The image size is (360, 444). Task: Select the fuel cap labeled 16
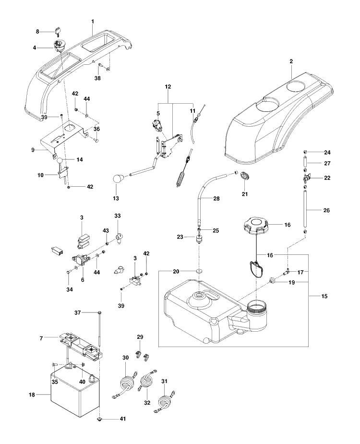(256, 225)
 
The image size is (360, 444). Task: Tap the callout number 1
(93, 22)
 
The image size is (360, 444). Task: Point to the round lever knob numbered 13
(119, 180)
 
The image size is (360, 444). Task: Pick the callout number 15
(324, 296)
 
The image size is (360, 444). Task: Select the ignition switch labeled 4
(60, 46)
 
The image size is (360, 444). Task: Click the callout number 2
(291, 61)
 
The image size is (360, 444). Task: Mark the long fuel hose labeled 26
(306, 209)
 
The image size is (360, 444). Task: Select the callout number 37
(78, 312)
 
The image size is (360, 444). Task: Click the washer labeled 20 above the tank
(200, 271)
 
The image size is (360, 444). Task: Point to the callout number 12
(168, 87)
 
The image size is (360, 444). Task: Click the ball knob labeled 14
(60, 161)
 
